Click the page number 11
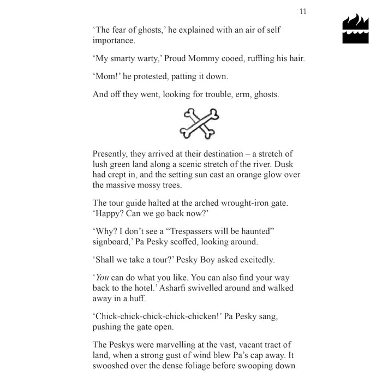click(x=303, y=11)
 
